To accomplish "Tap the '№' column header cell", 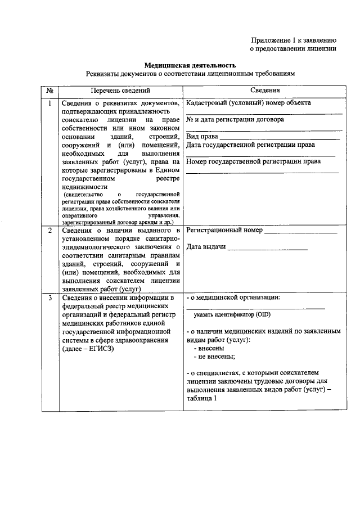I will coord(49,90).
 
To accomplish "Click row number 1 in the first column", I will coord(49,103).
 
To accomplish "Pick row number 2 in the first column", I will coord(49,231).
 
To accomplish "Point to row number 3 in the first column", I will coord(49,297).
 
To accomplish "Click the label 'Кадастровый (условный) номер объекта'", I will coord(248,103).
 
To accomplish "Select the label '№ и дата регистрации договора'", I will coord(235,119).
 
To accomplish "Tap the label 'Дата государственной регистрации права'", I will coord(250,145).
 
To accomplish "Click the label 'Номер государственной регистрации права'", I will coord(253,161).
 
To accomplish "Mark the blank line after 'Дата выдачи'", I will coord(268,248).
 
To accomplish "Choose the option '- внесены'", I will coord(208,348).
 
